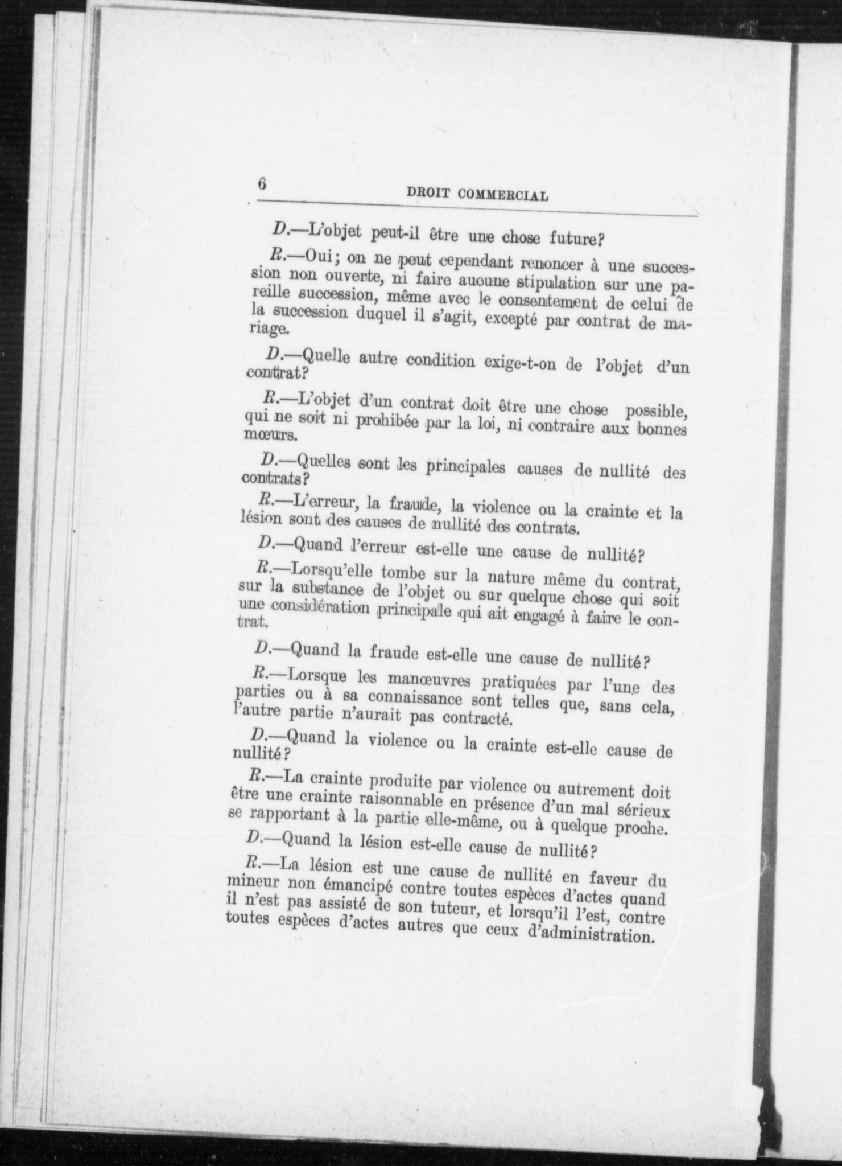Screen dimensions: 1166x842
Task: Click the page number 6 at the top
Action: (x=262, y=184)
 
